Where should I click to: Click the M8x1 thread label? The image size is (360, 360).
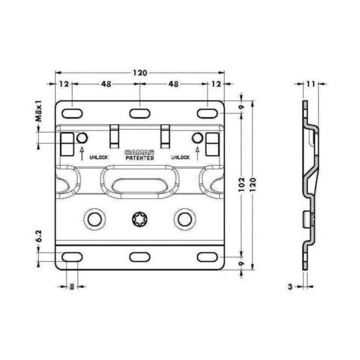(40, 111)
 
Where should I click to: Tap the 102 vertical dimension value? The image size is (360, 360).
(242, 184)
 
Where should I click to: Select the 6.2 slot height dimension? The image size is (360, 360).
(39, 236)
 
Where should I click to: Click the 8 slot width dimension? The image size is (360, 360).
(72, 287)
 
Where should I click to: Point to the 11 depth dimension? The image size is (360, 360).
(311, 84)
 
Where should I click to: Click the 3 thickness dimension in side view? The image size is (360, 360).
(290, 287)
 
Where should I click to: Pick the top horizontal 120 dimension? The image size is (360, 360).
(140, 73)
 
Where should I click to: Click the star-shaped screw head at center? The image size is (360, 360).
(140, 220)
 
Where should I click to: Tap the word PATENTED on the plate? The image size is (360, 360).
(140, 158)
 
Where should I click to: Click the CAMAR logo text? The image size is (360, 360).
(140, 152)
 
